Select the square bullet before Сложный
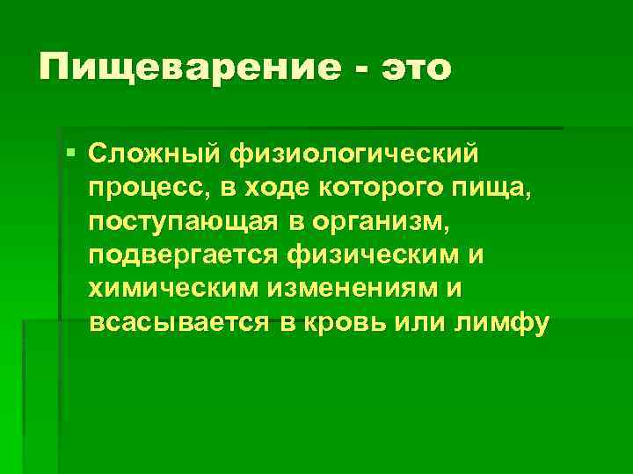[x=70, y=155]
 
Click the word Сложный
[x=153, y=155]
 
